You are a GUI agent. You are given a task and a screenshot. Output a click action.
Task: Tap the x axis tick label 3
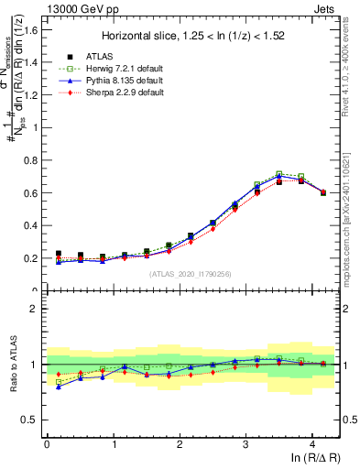245,443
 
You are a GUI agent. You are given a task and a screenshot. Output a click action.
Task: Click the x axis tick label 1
113,443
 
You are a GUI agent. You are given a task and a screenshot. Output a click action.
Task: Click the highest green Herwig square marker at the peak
279,173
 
